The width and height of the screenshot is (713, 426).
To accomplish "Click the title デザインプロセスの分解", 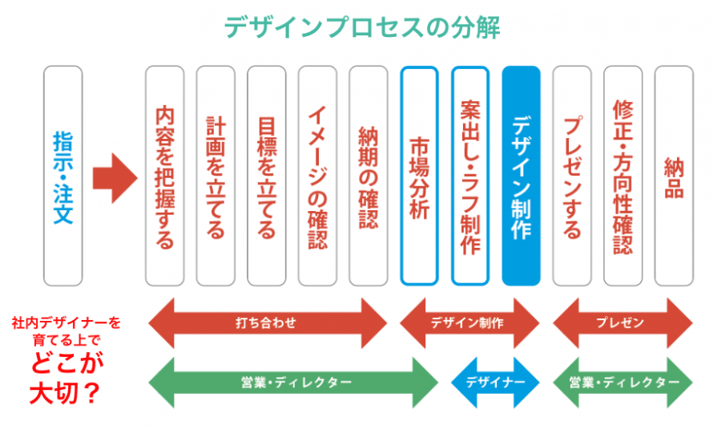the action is coord(362,27).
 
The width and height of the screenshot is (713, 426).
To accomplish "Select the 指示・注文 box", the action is coord(62,176).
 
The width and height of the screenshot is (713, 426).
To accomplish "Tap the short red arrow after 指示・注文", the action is coord(115,178).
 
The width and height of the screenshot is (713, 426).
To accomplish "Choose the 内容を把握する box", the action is coord(164,176).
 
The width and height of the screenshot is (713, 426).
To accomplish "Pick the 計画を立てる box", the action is coord(216,176).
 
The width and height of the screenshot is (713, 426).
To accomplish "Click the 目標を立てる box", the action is coord(267,176).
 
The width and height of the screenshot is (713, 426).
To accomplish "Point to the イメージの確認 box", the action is coord(317,176).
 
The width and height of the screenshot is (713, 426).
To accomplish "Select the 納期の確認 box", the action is coord(369,176).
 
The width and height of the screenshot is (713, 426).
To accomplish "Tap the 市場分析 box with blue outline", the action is coord(419,176).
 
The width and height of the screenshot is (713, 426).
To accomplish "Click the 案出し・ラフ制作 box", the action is coord(470,176).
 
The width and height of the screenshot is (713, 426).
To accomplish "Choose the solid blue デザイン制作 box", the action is coord(521,176).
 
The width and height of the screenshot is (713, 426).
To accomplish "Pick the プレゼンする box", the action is coord(572,176).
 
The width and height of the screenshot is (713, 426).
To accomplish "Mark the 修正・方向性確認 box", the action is coord(623,176).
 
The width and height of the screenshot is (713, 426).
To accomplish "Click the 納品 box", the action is coord(674,176).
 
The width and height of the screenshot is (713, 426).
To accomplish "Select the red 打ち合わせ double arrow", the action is coord(268,323).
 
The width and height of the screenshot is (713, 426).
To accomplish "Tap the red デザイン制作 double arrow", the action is coord(469,323).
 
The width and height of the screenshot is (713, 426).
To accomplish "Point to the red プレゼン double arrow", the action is coord(622,323).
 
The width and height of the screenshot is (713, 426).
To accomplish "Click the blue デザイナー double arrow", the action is coord(495,383).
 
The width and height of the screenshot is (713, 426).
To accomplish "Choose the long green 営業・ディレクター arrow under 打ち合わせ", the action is coord(293,383).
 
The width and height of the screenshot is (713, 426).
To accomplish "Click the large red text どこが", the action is coord(67,363).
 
